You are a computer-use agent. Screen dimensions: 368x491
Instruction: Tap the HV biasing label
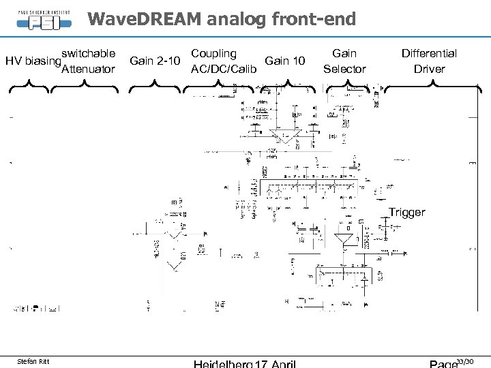pyautogui.click(x=31, y=61)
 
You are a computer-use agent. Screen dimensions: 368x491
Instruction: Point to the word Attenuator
pyautogui.click(x=88, y=70)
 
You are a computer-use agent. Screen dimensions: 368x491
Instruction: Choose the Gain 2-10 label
pyautogui.click(x=155, y=61)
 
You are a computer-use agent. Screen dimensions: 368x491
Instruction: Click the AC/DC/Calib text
pyautogui.click(x=224, y=70)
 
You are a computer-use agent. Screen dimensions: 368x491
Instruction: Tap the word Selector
pyautogui.click(x=344, y=70)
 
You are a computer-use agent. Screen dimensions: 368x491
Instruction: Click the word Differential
pyautogui.click(x=429, y=53)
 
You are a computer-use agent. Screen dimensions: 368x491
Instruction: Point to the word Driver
pyautogui.click(x=429, y=70)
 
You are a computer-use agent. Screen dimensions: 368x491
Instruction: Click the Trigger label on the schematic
pyautogui.click(x=406, y=213)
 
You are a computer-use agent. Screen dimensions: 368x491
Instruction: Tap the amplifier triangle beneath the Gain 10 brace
pyautogui.click(x=282, y=136)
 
